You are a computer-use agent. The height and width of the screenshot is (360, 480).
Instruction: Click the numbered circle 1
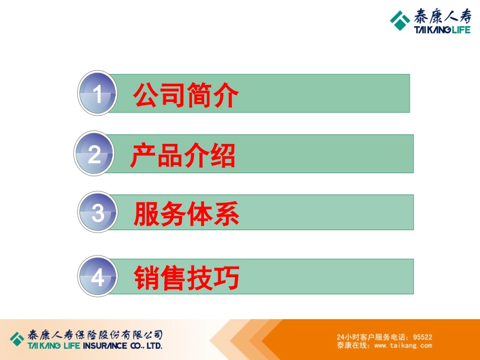[98, 94]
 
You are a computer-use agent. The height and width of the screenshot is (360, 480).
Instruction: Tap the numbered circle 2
[94, 154]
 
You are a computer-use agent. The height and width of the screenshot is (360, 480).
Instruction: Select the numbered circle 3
[98, 214]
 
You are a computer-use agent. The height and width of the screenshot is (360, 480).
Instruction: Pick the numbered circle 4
[98, 277]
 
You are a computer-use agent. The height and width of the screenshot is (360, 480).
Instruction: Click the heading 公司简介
[186, 95]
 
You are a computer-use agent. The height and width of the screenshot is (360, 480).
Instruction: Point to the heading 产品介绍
[183, 155]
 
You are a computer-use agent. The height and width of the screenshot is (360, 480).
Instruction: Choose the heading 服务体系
[186, 214]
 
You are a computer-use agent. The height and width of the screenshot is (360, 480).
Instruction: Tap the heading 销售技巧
[186, 277]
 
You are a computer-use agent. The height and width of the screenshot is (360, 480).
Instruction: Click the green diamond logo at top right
[400, 21]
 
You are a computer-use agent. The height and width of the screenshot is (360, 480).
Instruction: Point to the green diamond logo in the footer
[17, 338]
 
